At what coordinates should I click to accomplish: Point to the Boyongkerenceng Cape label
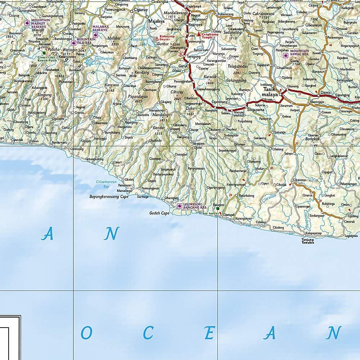[109, 197]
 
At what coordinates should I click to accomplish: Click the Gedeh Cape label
[159, 213]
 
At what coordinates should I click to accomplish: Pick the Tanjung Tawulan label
[308, 241]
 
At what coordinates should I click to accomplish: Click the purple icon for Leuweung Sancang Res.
[180, 206]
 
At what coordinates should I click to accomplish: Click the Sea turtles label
[211, 213]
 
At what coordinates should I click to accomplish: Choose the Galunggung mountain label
[236, 81]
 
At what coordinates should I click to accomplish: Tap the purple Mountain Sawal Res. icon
[286, 56]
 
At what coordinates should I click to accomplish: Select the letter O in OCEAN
[85, 333]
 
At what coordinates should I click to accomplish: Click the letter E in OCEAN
[209, 333]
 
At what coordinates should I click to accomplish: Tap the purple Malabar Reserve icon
[95, 35]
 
